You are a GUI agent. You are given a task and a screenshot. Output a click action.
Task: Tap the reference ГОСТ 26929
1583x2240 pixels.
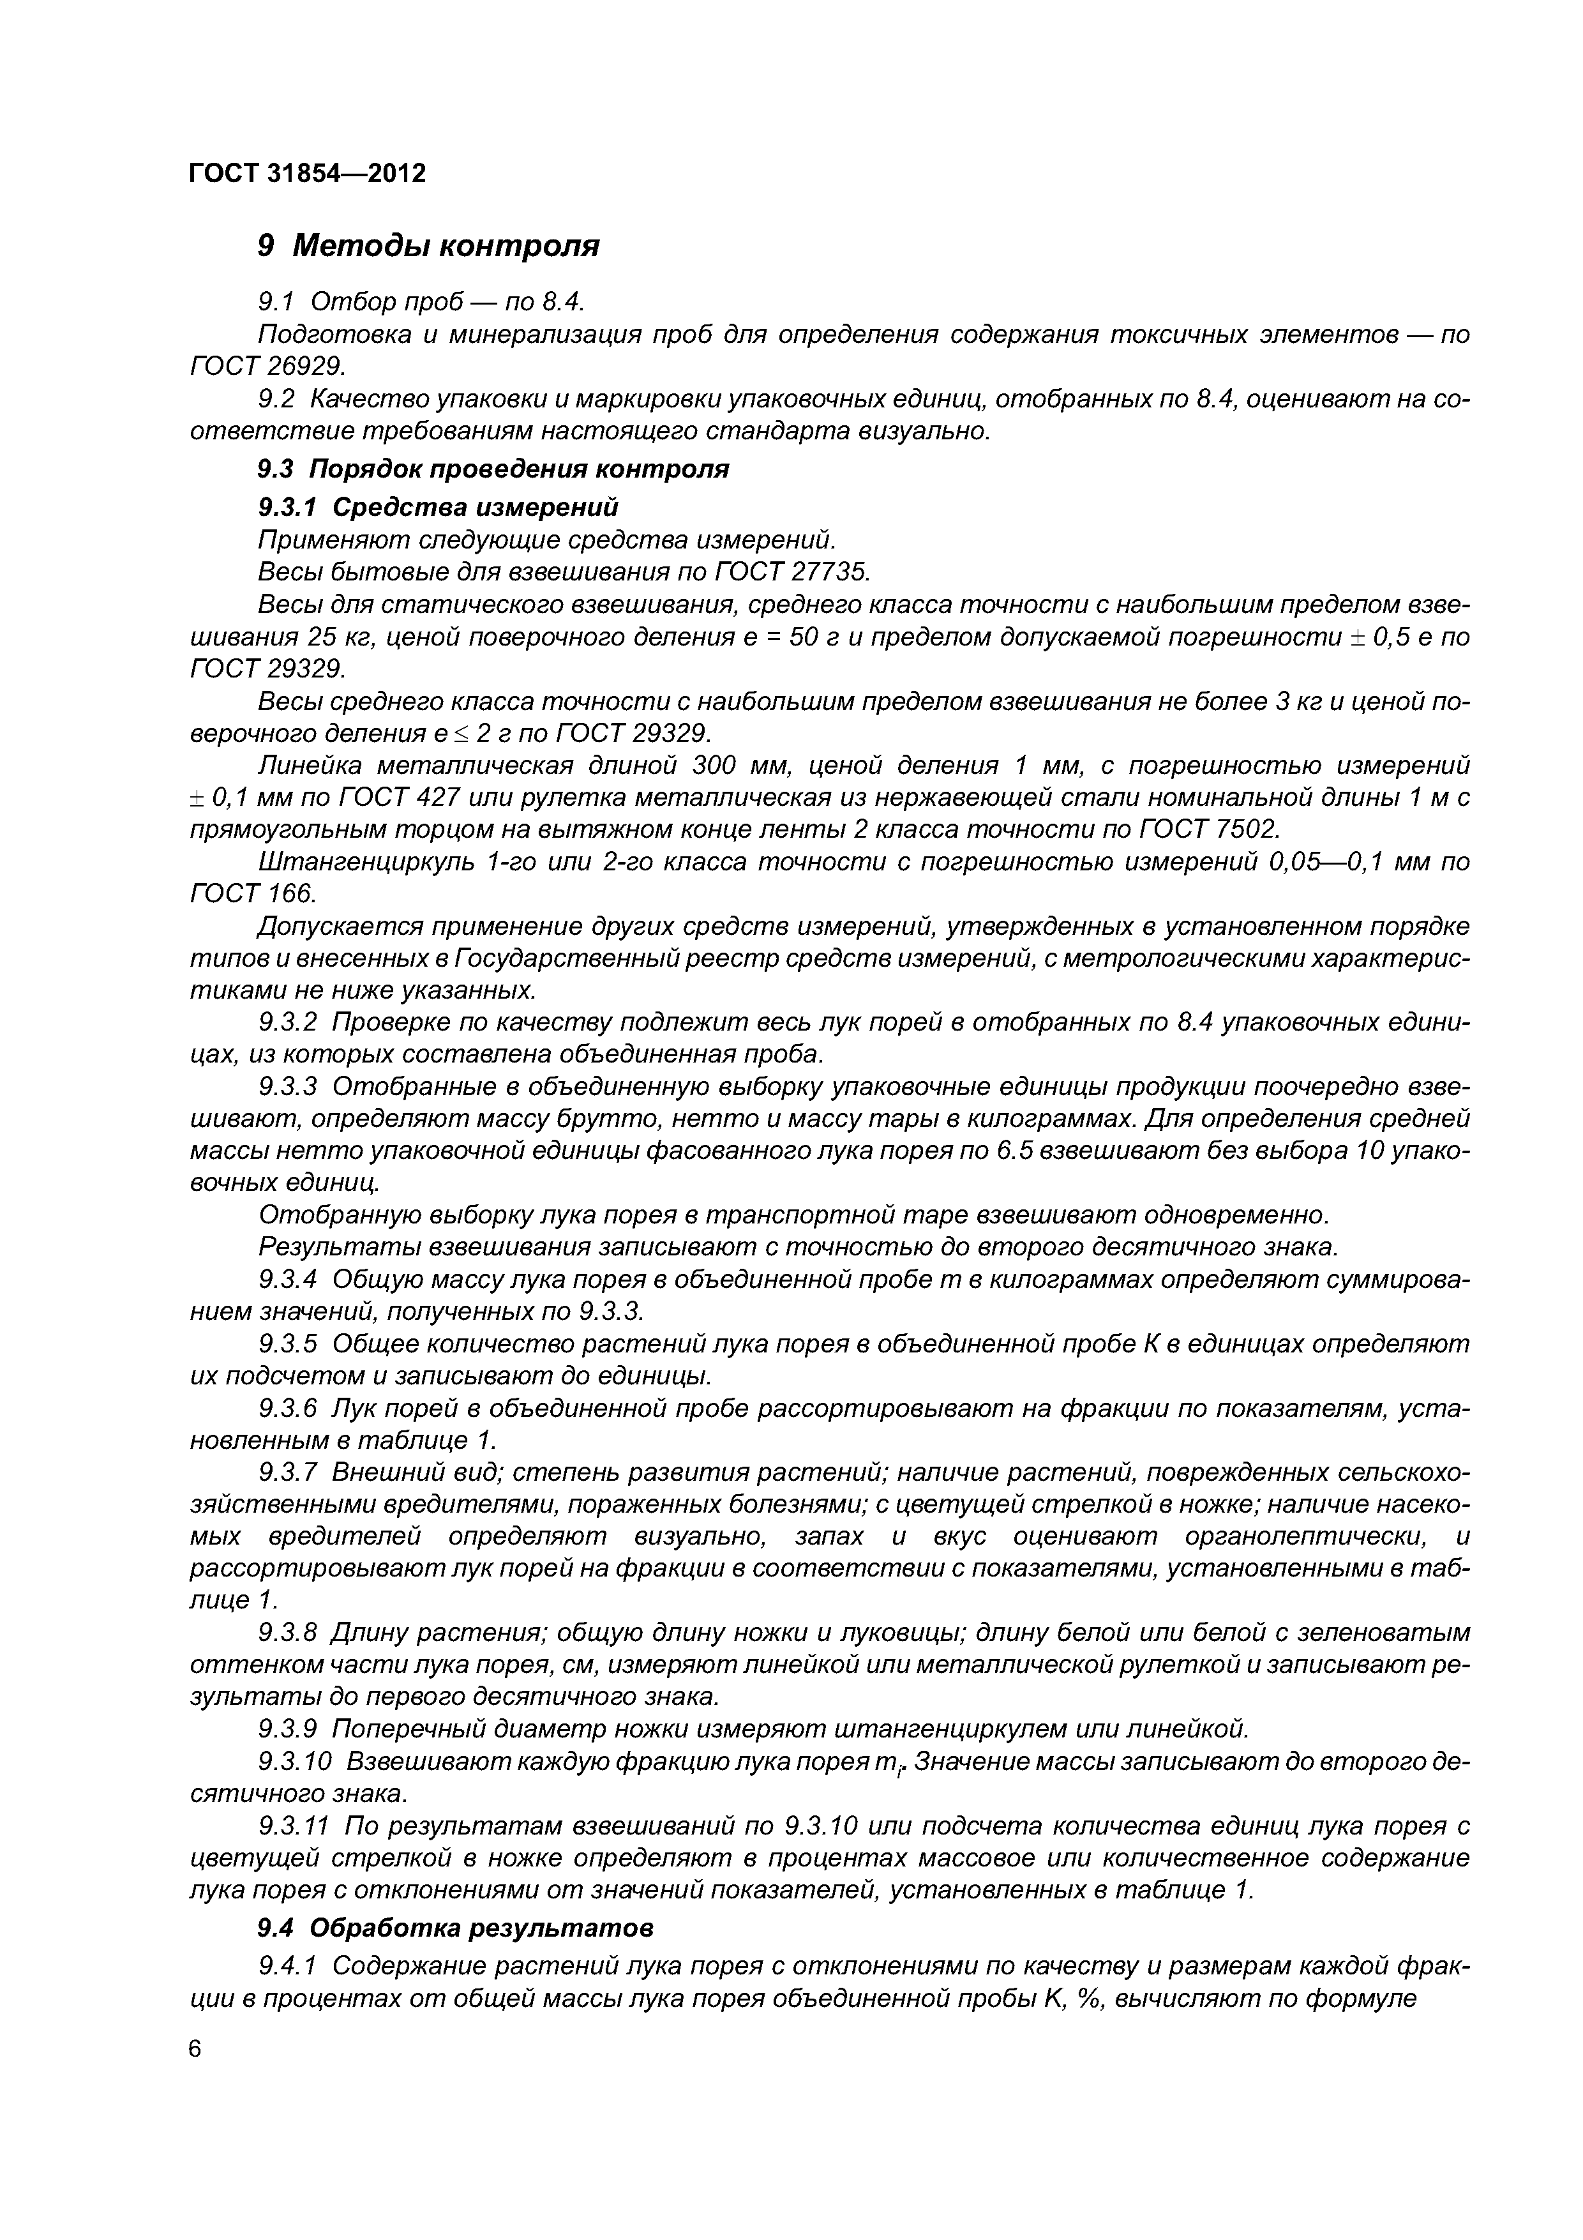tap(268, 366)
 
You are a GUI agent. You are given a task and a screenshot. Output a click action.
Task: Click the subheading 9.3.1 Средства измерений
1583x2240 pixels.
tap(438, 507)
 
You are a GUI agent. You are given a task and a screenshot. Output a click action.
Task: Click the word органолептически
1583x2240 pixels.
tap(1307, 1536)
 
